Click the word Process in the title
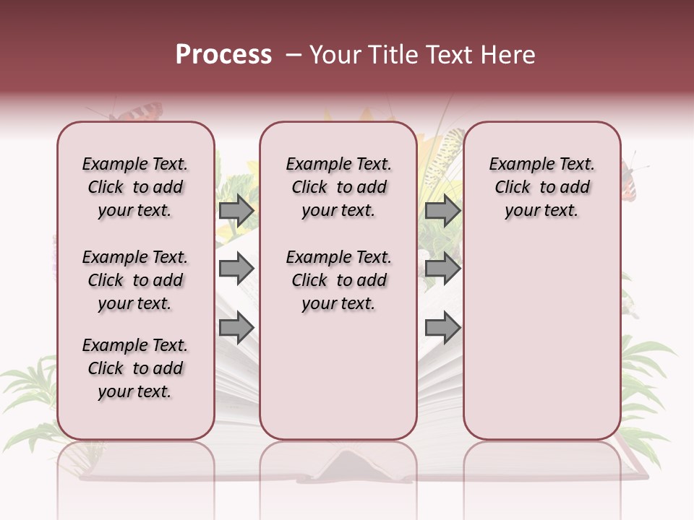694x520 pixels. (x=223, y=55)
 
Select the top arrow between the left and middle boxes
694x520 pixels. (x=236, y=211)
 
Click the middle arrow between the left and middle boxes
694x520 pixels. (x=236, y=269)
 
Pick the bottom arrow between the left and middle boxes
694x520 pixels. (x=236, y=327)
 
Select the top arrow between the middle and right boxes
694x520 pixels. (x=442, y=211)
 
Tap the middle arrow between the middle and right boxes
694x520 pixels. (x=442, y=269)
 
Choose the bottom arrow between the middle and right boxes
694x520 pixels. (x=442, y=327)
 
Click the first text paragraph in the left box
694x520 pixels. (x=135, y=187)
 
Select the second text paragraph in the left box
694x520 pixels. (x=135, y=280)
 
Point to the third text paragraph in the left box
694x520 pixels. (x=135, y=368)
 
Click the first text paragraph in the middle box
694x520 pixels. (x=338, y=187)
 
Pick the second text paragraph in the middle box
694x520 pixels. (x=338, y=280)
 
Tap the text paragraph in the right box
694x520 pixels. (x=541, y=187)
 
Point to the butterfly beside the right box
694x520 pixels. (x=630, y=181)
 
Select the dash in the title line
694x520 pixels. (x=294, y=55)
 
